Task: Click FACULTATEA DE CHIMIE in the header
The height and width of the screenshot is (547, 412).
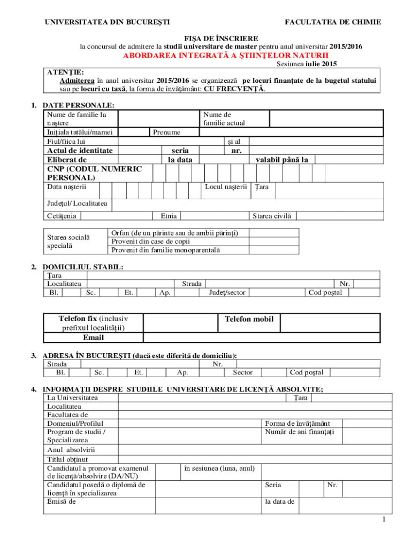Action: coord(333,22)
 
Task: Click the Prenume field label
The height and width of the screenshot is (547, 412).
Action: coord(166,132)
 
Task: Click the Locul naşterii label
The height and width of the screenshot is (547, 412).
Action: coord(226,187)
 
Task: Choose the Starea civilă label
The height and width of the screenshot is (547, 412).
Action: coord(272,216)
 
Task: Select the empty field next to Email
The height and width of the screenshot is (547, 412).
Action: coord(262,338)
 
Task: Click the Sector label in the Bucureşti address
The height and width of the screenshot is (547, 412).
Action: coord(242,372)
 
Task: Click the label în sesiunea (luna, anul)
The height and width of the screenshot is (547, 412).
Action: coord(219,468)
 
